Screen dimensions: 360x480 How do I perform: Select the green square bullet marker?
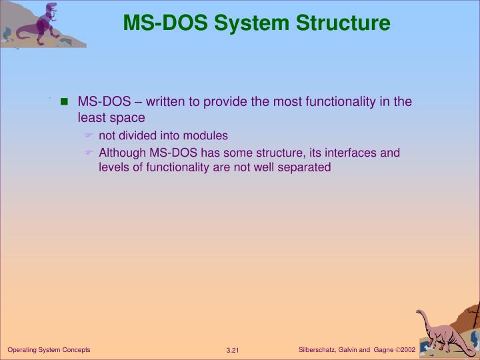point(65,103)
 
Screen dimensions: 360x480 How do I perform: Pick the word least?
point(91,118)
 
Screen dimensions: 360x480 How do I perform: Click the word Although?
point(123,153)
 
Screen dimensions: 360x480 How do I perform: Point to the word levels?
point(113,167)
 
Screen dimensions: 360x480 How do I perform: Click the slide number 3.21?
point(233,351)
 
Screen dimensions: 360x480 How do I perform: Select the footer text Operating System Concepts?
point(49,350)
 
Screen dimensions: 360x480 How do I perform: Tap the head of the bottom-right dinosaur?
point(422,313)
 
